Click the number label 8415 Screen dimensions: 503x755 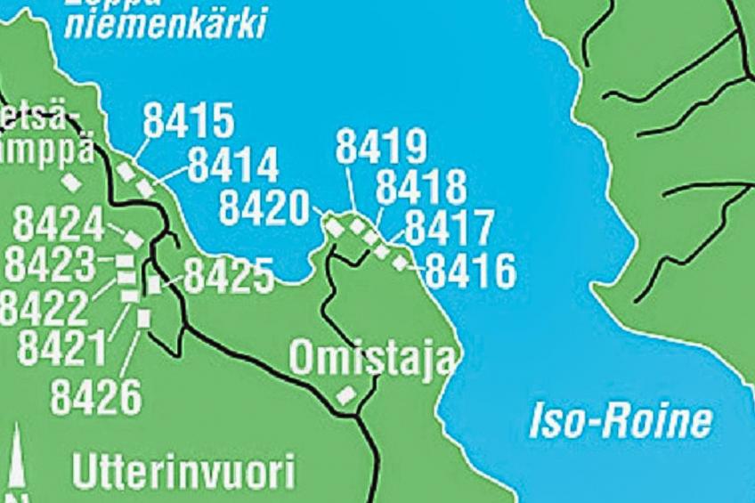pos(188,121)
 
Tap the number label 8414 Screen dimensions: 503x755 pos(233,165)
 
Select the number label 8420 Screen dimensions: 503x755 pos(264,207)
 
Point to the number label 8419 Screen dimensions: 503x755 pos(381,147)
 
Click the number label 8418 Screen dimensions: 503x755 pos(421,188)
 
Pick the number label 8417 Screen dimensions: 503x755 pos(449,229)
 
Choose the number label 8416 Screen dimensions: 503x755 pos(471,271)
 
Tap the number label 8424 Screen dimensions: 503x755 pos(58,225)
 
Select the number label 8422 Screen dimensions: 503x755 pos(45,306)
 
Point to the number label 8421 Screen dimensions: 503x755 pos(62,349)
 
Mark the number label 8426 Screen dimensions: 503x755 pos(96,397)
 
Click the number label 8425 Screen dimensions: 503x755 pos(229,277)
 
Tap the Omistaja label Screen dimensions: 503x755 pos(372,359)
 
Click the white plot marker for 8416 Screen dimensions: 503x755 pos(401,262)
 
